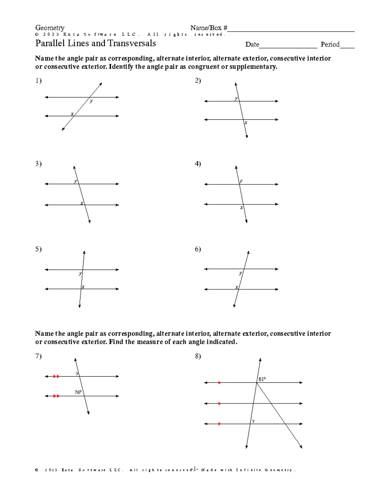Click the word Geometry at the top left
coord(50,28)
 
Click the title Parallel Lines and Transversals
coord(96,43)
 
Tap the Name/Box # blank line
coord(291,30)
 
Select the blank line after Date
coord(288,47)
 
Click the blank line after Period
coord(347,47)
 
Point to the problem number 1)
coord(38,81)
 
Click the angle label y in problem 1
coord(91,101)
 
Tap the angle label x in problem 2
coord(246,123)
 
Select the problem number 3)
coord(38,163)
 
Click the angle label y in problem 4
coord(241,181)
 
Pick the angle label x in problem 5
coord(83,287)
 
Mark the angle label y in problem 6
coord(240,273)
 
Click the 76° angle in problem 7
coord(78,392)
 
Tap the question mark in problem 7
coord(77,374)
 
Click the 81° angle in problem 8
coord(262,379)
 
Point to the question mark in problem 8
coord(253,422)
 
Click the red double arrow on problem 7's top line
coord(56,376)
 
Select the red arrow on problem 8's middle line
coord(219,403)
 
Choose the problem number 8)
coord(198,356)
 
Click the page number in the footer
coord(194,469)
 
